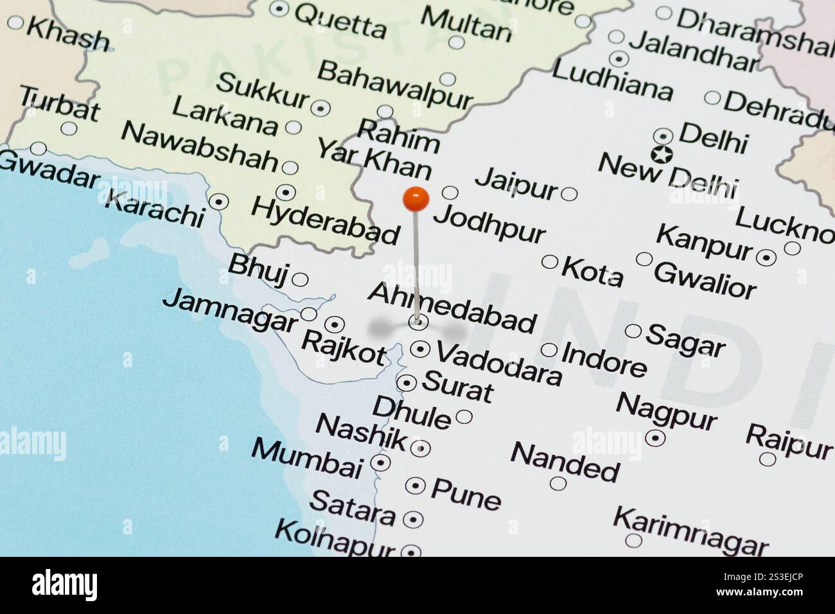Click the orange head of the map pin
click(416, 199)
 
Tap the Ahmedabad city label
click(452, 308)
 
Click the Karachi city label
click(154, 207)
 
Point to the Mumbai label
click(306, 458)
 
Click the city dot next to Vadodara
click(420, 349)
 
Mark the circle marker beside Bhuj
click(300, 280)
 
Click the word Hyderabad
click(325, 220)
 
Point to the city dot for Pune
click(416, 486)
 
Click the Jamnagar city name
click(230, 310)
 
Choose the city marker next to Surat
click(407, 383)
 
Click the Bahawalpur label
click(394, 84)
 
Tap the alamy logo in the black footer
click(64, 585)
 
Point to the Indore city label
click(604, 358)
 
